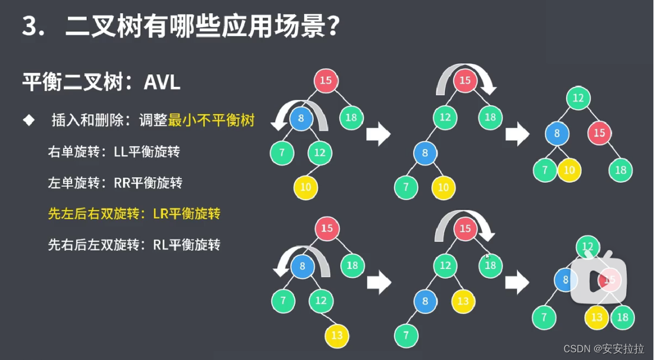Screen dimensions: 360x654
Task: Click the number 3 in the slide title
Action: tap(30, 27)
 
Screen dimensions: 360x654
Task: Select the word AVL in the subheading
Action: tap(162, 82)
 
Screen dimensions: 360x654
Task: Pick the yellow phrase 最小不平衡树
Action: tap(212, 121)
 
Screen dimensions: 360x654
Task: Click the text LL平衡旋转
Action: tap(147, 152)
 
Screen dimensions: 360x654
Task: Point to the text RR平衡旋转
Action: tap(148, 183)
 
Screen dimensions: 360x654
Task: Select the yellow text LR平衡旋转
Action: tap(186, 213)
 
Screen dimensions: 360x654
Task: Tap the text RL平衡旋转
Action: tap(186, 244)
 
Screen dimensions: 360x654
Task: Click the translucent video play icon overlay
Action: tap(597, 278)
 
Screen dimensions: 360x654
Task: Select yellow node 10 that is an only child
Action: tap(305, 188)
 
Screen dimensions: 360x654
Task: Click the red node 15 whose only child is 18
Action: tap(599, 132)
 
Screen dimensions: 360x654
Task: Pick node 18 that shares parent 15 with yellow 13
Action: tap(622, 317)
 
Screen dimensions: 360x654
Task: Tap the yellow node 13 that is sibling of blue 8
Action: tap(463, 301)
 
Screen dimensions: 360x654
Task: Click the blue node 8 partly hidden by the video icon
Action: tap(565, 279)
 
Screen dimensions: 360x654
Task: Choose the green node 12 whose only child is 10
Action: tap(320, 153)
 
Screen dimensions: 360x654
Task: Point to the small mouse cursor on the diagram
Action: tap(487, 256)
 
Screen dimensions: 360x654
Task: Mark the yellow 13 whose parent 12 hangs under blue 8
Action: tap(337, 336)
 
